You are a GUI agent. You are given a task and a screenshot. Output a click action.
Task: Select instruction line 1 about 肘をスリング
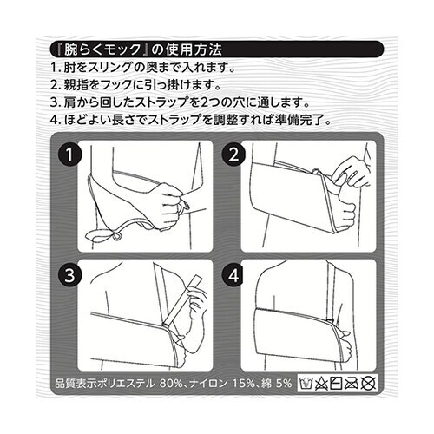[155, 68]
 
